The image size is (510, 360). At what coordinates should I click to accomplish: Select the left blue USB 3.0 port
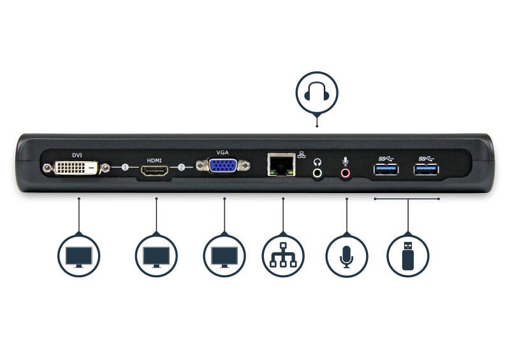tap(386, 169)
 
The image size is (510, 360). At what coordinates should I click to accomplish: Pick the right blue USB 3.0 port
tap(426, 169)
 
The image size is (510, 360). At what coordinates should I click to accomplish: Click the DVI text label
tap(77, 154)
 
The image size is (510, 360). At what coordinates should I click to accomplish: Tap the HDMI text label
tap(155, 161)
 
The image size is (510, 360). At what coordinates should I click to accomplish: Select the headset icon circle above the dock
tap(316, 94)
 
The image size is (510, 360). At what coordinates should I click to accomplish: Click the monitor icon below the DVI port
tap(78, 256)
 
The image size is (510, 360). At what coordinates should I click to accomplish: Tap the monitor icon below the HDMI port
tap(156, 256)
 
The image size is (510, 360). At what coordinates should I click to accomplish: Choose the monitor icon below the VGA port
tap(224, 256)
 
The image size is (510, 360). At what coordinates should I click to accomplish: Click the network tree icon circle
tap(283, 256)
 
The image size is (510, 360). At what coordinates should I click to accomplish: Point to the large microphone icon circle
tap(346, 256)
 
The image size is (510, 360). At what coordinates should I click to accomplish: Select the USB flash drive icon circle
tap(408, 256)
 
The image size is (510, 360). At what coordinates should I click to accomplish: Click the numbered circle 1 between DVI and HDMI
tap(125, 168)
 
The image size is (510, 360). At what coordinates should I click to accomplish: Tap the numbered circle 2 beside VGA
tap(182, 168)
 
